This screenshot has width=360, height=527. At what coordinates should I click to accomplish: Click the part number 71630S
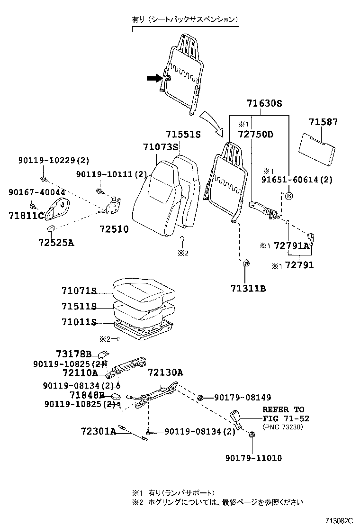[x=264, y=104]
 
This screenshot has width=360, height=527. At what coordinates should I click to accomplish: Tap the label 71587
[x=324, y=122]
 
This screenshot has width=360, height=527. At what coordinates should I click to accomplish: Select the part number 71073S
[x=160, y=147]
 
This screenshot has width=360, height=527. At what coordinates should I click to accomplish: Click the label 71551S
[x=183, y=135]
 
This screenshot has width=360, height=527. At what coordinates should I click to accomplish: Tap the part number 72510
[x=114, y=229]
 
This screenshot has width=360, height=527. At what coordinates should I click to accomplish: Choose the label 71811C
[x=26, y=216]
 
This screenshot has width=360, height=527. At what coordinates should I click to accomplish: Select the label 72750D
[x=255, y=135]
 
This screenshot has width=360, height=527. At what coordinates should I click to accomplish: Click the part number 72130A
[x=165, y=373]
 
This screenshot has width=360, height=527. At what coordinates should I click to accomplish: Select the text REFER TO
[x=283, y=409]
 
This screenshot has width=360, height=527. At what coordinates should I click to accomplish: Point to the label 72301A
[x=98, y=431]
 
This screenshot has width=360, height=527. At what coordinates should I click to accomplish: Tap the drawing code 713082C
[x=339, y=520]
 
